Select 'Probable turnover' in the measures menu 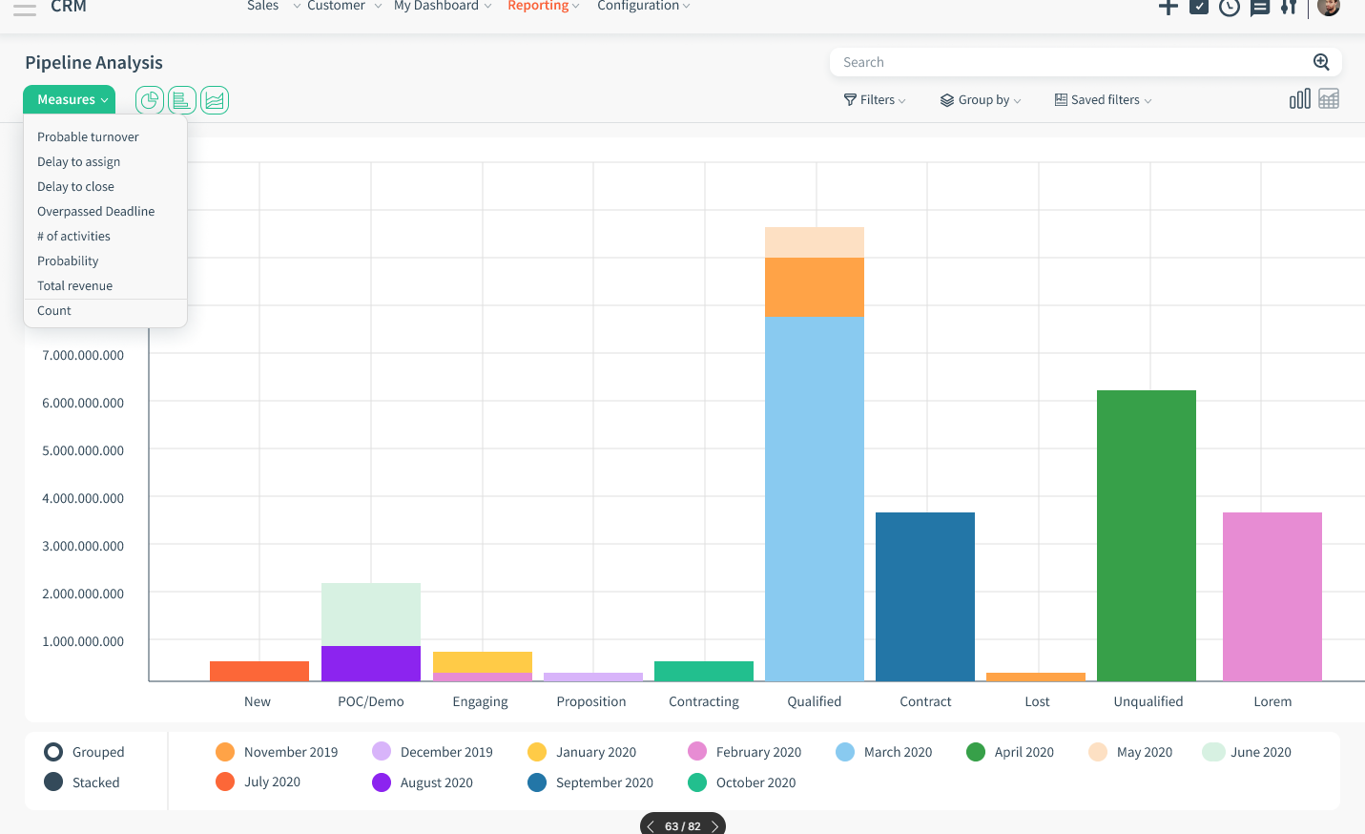pyautogui.click(x=88, y=137)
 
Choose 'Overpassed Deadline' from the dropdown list pyautogui.click(x=95, y=212)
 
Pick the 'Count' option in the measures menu pyautogui.click(x=54, y=311)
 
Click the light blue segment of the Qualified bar pyautogui.click(x=814, y=496)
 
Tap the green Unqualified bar pyautogui.click(x=1146, y=534)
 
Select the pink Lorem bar pyautogui.click(x=1272, y=596)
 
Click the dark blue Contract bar pyautogui.click(x=924, y=596)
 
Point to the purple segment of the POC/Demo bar pyautogui.click(x=370, y=663)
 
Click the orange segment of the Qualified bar pyautogui.click(x=814, y=286)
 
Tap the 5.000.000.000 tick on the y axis pyautogui.click(x=83, y=450)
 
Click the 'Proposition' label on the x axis pyautogui.click(x=591, y=701)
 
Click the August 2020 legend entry pyautogui.click(x=423, y=782)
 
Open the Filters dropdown pyautogui.click(x=875, y=100)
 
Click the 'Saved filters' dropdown pyautogui.click(x=1103, y=100)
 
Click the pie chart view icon pyautogui.click(x=150, y=100)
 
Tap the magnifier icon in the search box pyautogui.click(x=1321, y=62)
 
